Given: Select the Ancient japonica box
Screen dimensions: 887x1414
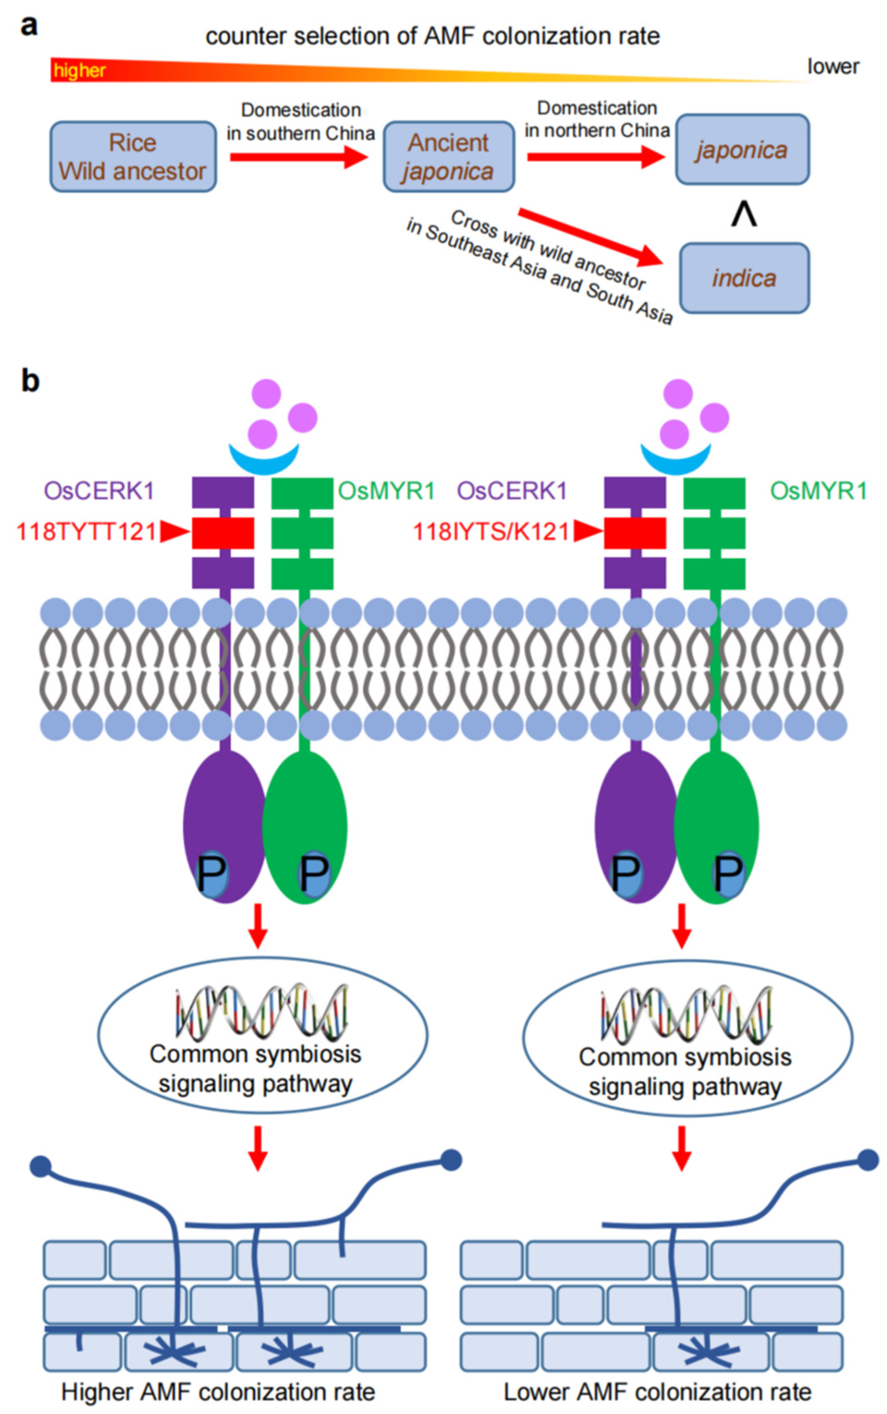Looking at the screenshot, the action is click(x=449, y=157).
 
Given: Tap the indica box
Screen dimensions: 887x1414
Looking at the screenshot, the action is click(x=744, y=278).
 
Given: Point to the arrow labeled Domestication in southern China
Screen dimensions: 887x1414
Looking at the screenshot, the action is click(x=299, y=157).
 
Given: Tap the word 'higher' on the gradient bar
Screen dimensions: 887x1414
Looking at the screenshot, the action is click(x=80, y=71).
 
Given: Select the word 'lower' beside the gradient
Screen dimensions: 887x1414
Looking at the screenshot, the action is click(x=833, y=67).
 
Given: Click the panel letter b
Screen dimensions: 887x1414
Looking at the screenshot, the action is click(x=31, y=380).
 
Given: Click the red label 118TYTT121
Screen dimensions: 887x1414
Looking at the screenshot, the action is click(x=87, y=532).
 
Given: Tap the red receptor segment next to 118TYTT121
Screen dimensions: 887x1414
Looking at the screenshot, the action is click(x=223, y=533).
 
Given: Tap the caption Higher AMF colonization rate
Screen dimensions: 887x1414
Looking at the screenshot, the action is click(x=218, y=1392).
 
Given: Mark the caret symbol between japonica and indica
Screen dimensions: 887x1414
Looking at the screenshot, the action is click(x=744, y=215).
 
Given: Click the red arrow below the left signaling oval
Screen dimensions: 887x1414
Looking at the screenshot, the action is click(x=258, y=1148).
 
